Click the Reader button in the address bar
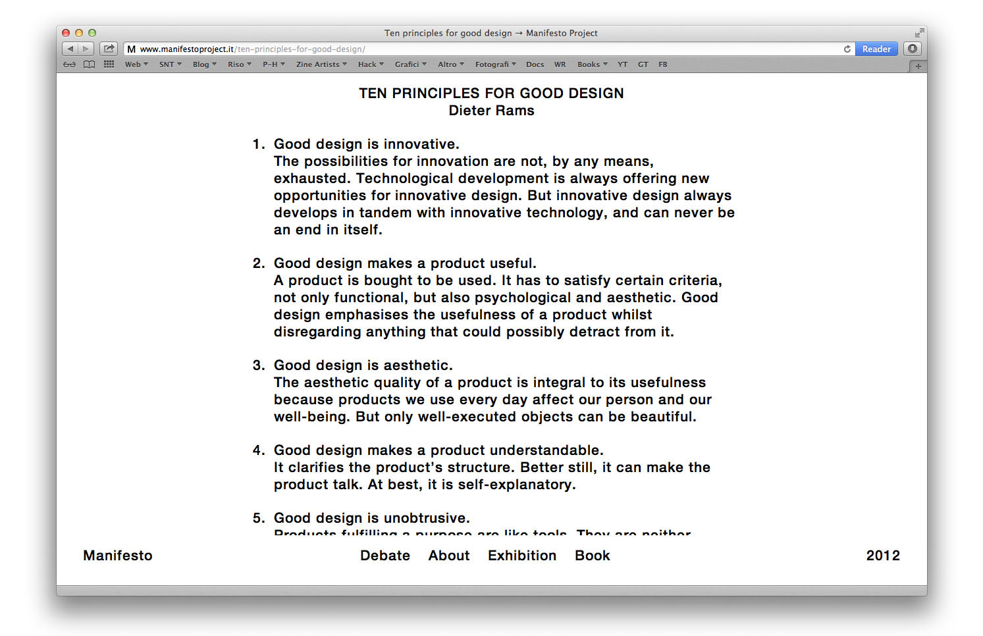pos(876,49)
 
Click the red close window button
pos(66,33)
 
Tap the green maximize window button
pos(92,33)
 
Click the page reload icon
pos(847,49)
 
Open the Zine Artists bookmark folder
pos(321,65)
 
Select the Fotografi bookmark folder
pos(495,65)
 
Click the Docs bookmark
pos(535,65)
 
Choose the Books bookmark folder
pos(592,65)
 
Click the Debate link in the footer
pos(385,556)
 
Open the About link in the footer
pos(449,556)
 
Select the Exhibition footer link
pos(522,556)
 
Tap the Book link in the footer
pos(593,556)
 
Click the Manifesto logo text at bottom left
pos(118,556)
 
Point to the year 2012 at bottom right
pos(883,556)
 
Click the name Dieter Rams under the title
pos(491,111)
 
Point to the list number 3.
pos(257,365)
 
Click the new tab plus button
pos(918,66)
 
